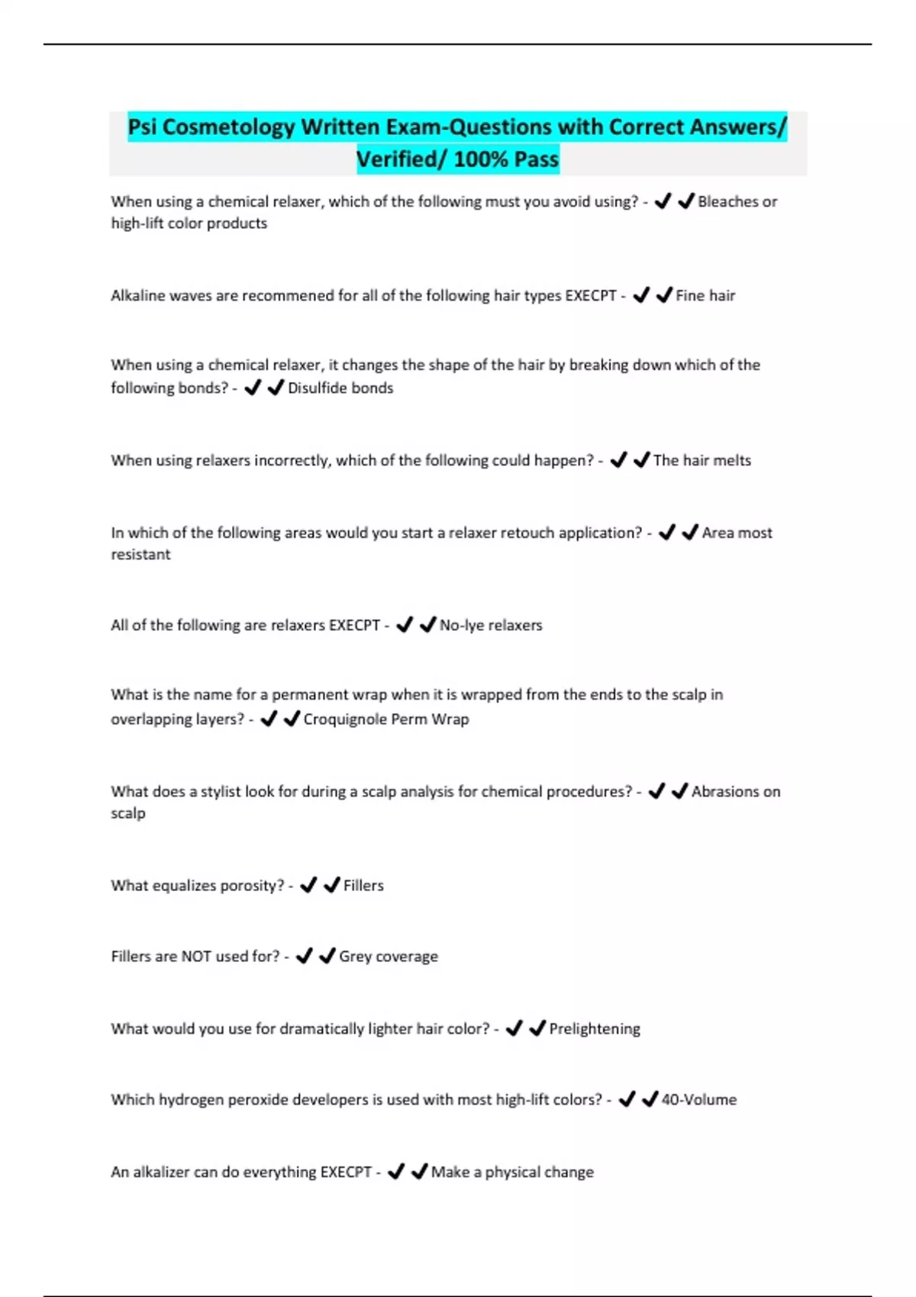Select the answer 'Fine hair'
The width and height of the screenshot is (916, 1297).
705,295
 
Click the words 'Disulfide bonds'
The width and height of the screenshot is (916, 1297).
340,388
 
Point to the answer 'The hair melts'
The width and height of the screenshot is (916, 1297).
702,460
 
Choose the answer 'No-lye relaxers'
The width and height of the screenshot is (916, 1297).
491,625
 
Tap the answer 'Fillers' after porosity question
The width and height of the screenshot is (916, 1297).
363,885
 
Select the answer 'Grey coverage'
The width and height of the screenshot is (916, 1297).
389,956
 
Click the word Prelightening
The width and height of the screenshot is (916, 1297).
595,1028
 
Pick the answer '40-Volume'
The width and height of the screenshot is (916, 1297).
698,1099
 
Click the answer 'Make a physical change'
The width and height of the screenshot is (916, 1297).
512,1172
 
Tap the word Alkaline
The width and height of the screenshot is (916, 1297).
137,295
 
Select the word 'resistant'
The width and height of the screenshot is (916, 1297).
140,555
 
